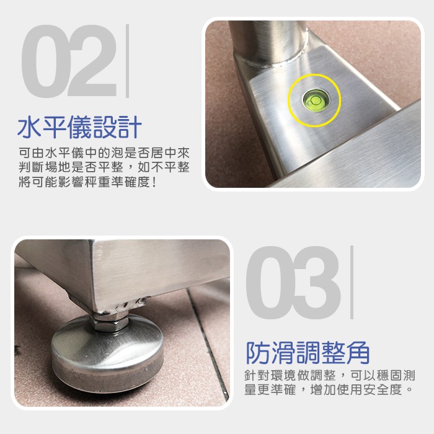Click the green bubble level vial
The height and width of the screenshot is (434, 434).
pyautogui.click(x=315, y=100)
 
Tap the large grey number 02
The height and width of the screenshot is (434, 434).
pyautogui.click(x=69, y=61)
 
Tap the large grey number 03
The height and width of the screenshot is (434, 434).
pyautogui.click(x=294, y=282)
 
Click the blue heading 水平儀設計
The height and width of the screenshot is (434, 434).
pyautogui.click(x=79, y=127)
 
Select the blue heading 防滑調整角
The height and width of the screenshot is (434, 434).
pyautogui.click(x=308, y=353)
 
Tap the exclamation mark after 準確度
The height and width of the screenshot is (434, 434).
pyautogui.click(x=154, y=182)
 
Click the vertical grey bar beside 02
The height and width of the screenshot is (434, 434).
pyautogui.click(x=127, y=61)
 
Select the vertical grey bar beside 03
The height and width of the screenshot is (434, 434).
pyautogui.click(x=352, y=282)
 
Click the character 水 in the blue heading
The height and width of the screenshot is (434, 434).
pyautogui.click(x=30, y=127)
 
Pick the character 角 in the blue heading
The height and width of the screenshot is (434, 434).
pyautogui.click(x=358, y=353)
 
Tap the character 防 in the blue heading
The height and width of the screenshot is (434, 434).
pyautogui.click(x=258, y=353)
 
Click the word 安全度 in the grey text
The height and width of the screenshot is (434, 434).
pyautogui.click(x=383, y=390)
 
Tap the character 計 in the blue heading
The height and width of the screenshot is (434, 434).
pyautogui.click(x=130, y=127)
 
